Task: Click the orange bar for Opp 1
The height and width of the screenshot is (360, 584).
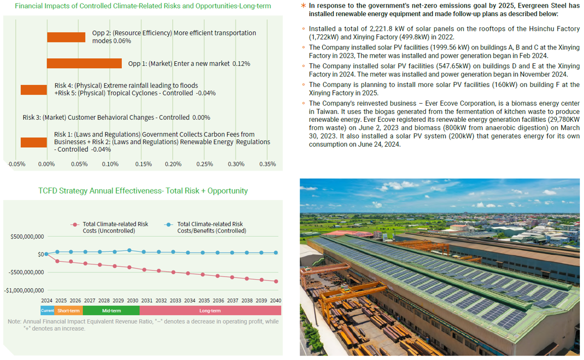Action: coord(84,63)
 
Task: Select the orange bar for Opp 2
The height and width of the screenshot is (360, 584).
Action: coord(66,37)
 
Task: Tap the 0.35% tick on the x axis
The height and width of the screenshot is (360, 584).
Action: coord(267,164)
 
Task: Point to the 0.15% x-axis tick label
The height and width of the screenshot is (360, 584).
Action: coord(143,164)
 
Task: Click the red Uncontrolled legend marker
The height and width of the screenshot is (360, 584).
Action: coord(75,224)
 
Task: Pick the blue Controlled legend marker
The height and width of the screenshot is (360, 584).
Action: coord(169,224)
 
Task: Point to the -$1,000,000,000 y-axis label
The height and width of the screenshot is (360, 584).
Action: coord(24,290)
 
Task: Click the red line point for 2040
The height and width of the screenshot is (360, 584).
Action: coord(276,281)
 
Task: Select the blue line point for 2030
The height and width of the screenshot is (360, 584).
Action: coord(130,250)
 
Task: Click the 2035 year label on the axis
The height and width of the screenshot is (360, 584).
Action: coord(204,300)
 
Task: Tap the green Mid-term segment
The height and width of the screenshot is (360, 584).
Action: coord(111,311)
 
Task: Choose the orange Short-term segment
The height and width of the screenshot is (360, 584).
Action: coord(68,311)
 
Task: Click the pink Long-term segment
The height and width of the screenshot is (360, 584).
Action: coord(210,311)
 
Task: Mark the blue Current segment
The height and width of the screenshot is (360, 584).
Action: coord(47,311)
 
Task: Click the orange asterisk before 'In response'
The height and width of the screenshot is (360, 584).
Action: coord(303,6)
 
